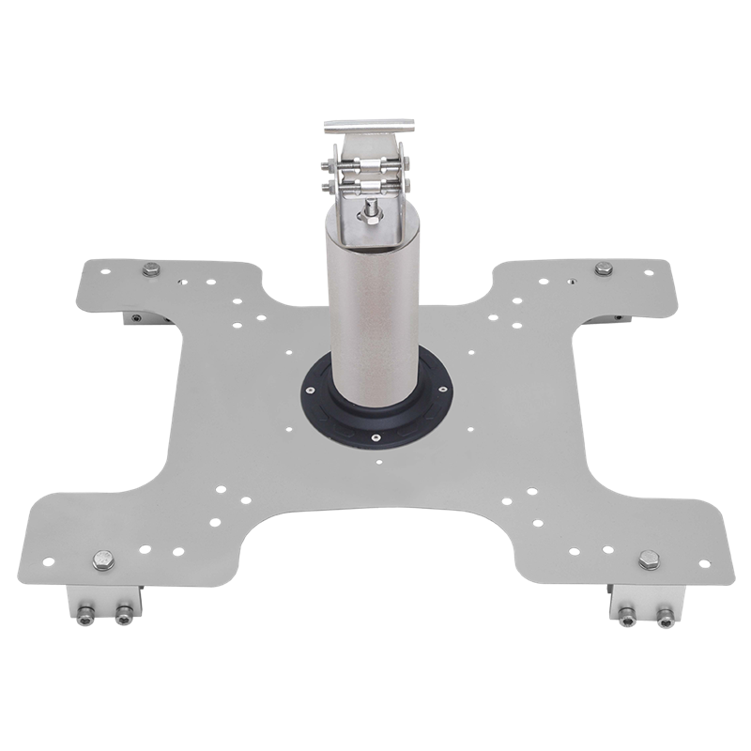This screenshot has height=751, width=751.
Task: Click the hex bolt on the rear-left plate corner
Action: [x=150, y=272]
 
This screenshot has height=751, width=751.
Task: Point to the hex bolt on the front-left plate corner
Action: [x=100, y=561]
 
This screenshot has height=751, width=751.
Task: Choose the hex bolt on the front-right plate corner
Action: [x=647, y=560]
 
